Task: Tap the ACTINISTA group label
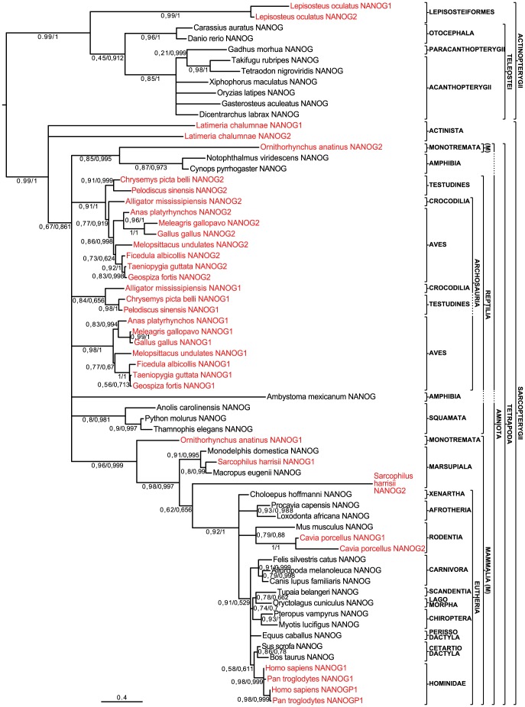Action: click(447, 131)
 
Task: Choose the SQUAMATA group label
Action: click(448, 419)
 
